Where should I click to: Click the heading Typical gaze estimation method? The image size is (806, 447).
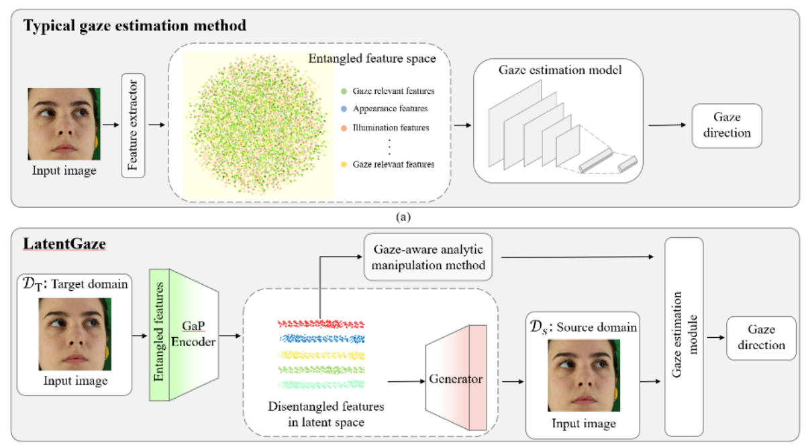(x=135, y=26)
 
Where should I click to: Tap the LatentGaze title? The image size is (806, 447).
(x=65, y=244)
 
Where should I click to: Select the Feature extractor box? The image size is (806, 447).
(x=133, y=125)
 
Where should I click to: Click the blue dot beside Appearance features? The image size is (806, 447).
(x=344, y=109)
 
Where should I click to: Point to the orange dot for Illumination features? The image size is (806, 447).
(x=344, y=128)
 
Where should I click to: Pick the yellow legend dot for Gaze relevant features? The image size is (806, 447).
(x=344, y=164)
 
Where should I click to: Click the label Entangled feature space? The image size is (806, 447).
(x=372, y=58)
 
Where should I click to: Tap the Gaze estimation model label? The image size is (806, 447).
(x=560, y=70)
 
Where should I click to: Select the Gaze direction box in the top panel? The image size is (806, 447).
(x=727, y=126)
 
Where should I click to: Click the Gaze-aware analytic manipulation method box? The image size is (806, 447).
(x=428, y=257)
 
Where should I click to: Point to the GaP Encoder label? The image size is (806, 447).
(x=193, y=334)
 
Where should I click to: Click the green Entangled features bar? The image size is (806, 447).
(x=159, y=335)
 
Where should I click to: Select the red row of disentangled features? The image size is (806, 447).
(x=321, y=324)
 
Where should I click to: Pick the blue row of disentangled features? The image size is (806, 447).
(x=322, y=339)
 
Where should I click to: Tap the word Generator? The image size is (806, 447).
(x=456, y=379)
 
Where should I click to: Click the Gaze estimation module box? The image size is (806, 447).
(x=684, y=336)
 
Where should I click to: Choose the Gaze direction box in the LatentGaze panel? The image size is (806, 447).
(x=762, y=338)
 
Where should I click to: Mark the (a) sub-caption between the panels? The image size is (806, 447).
(x=403, y=217)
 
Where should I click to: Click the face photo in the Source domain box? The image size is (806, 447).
(x=584, y=375)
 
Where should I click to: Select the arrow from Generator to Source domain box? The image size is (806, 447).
(x=513, y=381)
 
